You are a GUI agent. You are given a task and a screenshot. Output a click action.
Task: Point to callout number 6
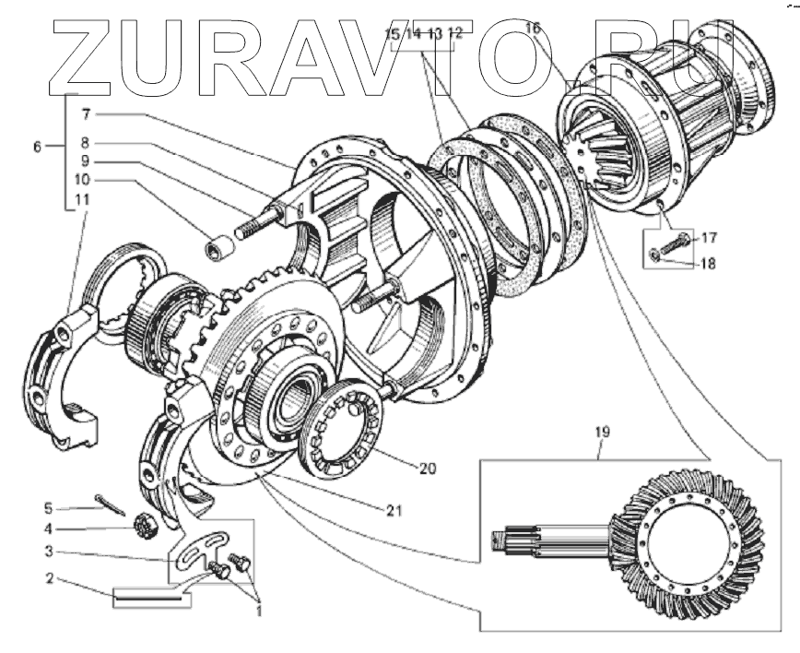(36, 148)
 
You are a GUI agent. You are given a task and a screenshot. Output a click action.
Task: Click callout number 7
(84, 115)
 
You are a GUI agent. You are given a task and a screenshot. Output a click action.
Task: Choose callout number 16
(533, 28)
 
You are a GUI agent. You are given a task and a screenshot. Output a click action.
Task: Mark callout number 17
(707, 237)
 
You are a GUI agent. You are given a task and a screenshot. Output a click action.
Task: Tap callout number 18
(707, 262)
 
